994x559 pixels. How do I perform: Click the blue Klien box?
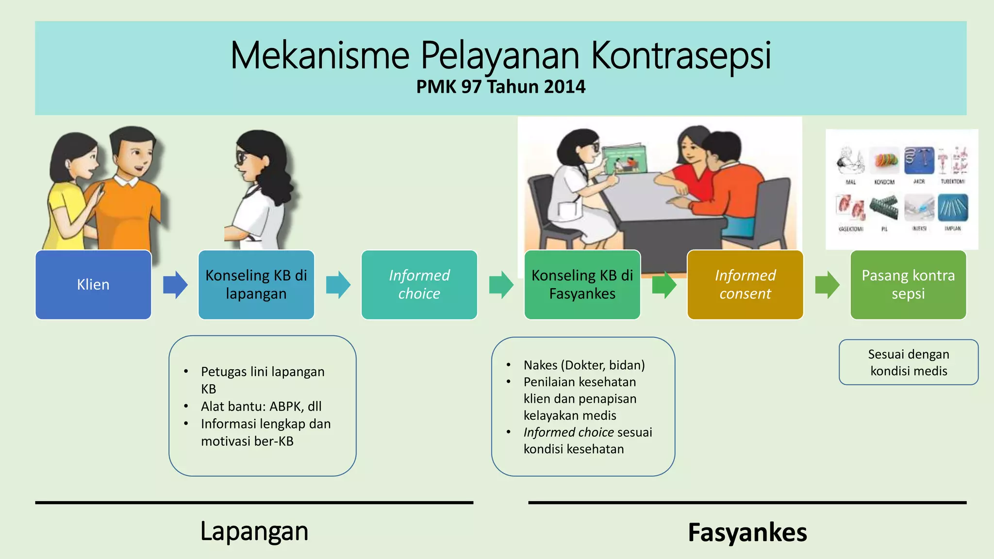pyautogui.click(x=93, y=285)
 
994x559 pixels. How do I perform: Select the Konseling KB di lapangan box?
pyautogui.click(x=256, y=285)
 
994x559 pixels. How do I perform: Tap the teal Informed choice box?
pyautogui.click(x=419, y=285)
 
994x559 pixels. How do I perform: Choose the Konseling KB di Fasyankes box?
pyautogui.click(x=582, y=285)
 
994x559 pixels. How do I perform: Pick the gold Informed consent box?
pyautogui.click(x=745, y=285)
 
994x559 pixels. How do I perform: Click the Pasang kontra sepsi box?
pyautogui.click(x=908, y=285)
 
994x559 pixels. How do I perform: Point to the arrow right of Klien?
pyautogui.click(x=175, y=285)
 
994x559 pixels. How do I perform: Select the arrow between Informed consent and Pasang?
pyautogui.click(x=827, y=285)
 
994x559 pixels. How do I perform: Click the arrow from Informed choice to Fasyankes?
pyautogui.click(x=501, y=285)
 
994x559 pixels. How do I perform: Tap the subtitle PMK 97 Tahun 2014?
pyautogui.click(x=500, y=87)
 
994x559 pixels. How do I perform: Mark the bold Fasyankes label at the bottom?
pyautogui.click(x=747, y=532)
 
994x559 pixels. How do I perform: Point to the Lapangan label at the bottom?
pyautogui.click(x=254, y=531)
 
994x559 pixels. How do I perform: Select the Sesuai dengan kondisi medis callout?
pyautogui.click(x=908, y=362)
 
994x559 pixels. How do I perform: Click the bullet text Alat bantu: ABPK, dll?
pyautogui.click(x=261, y=406)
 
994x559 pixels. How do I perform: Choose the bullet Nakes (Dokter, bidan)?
pyautogui.click(x=584, y=365)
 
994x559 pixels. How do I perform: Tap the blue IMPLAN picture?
pyautogui.click(x=952, y=208)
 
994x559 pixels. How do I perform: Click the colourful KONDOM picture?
pyautogui.click(x=884, y=161)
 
